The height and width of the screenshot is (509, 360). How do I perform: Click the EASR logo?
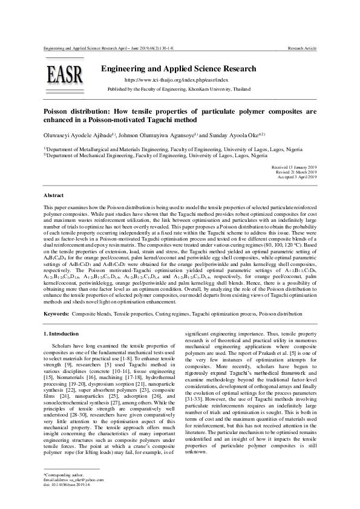click(x=65, y=76)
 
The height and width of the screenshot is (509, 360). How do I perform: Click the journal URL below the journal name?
click(x=176, y=80)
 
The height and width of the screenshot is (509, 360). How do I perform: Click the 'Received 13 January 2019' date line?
click(x=294, y=166)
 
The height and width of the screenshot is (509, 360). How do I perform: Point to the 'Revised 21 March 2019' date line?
click(x=296, y=172)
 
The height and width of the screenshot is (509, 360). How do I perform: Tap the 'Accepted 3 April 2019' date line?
click(x=296, y=177)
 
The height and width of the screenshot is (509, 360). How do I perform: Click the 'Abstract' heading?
click(x=54, y=196)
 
